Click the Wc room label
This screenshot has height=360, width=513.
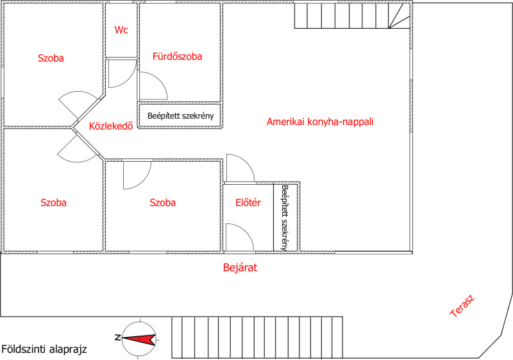point(121,30)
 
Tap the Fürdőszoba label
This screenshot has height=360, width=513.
point(178,56)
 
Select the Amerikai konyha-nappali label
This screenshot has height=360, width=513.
point(320,122)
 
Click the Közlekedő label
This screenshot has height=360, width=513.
point(111,126)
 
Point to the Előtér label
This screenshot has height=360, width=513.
point(248,203)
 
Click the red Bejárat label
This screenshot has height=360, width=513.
point(240,268)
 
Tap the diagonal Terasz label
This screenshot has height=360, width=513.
point(462,306)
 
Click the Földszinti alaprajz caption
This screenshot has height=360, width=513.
point(44,349)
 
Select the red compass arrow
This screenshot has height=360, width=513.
point(139,339)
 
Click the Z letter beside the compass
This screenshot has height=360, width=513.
point(117,338)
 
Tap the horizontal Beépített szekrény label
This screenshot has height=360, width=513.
point(181,116)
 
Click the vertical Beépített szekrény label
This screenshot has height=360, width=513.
point(285,218)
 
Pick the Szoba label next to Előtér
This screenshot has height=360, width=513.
point(163,203)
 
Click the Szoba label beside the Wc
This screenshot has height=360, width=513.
point(51,58)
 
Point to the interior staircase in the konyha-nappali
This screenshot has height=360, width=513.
point(352,15)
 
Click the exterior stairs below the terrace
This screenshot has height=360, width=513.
point(257,338)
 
